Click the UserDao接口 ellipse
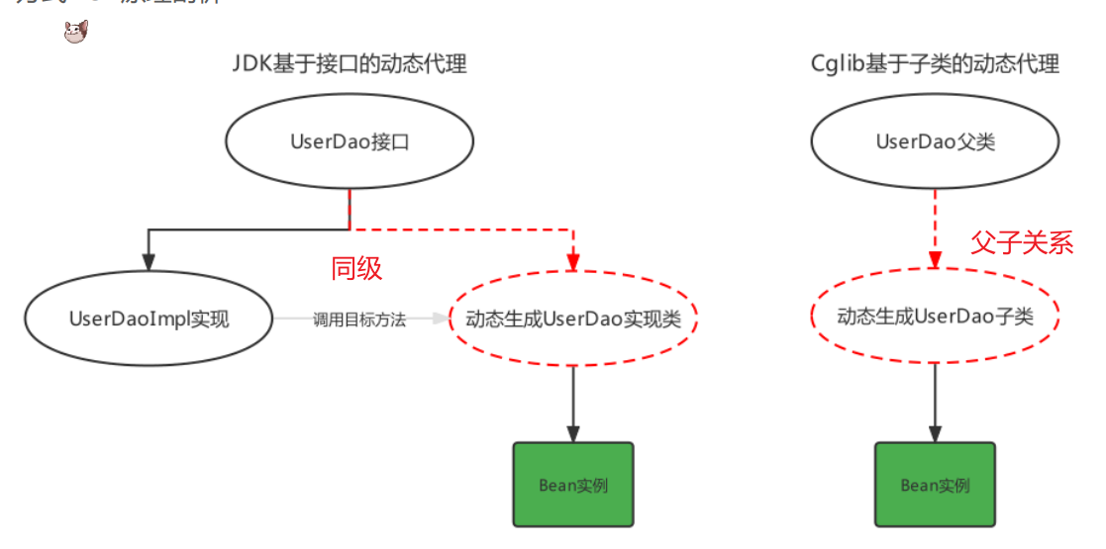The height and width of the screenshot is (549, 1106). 350,142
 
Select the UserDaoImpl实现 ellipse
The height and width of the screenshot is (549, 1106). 149,319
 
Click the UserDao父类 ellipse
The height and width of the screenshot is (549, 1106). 935,142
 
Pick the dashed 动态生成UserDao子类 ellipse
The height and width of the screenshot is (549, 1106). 935,317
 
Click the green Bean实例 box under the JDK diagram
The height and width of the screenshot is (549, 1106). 573,485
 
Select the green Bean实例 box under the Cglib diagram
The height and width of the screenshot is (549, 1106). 935,485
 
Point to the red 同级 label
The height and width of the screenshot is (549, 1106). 356,268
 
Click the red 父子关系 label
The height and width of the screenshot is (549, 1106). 1022,242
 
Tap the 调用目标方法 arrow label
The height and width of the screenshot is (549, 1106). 359,320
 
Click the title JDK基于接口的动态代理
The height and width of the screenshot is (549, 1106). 350,65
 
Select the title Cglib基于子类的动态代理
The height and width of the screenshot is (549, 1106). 935,65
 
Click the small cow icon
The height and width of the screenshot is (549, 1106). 76,33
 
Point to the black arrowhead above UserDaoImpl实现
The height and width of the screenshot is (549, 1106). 149,263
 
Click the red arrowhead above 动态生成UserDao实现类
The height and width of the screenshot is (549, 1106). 573,263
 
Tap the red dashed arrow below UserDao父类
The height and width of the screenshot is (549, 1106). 935,228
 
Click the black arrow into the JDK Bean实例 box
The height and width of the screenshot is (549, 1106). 573,406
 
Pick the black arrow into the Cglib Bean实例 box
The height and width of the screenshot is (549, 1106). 935,406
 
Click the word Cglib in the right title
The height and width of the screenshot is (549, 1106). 833,65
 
